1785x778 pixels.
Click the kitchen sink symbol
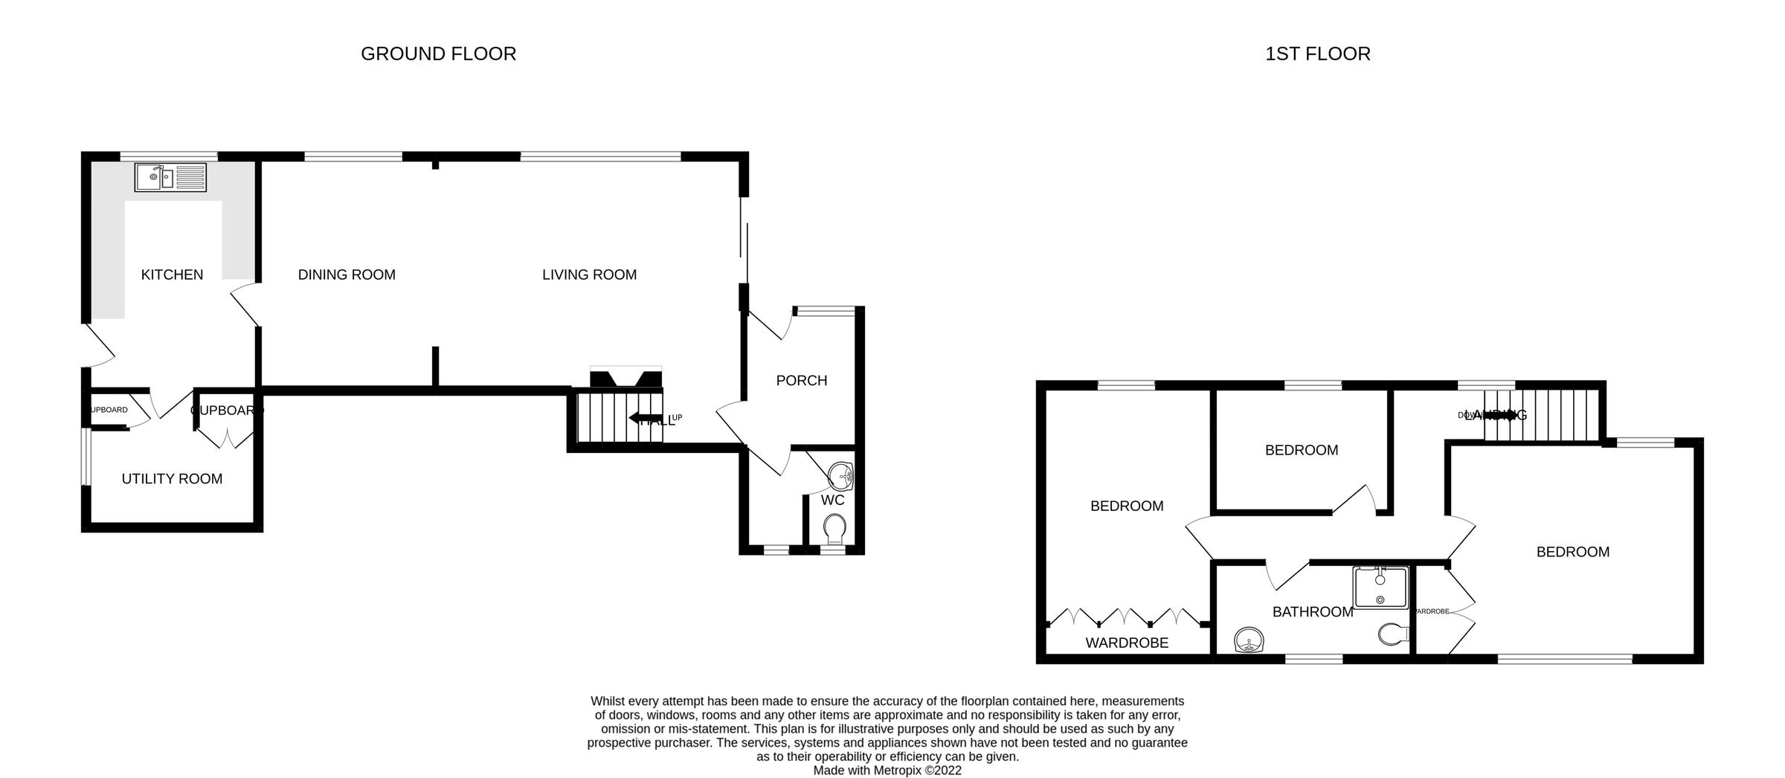[170, 178]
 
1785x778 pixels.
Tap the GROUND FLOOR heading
[438, 54]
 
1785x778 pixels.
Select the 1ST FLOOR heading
[1317, 54]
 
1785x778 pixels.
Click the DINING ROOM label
[347, 275]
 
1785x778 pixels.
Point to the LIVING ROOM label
[589, 275]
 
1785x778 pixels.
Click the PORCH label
[801, 381]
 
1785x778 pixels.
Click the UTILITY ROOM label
[172, 479]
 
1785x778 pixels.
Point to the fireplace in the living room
[625, 378]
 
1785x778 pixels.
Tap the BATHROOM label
[1312, 612]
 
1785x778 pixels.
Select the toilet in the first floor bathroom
[1392, 634]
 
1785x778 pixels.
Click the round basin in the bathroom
[1249, 640]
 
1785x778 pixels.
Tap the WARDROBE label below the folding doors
[1127, 643]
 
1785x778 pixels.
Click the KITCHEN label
[172, 275]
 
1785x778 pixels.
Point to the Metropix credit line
[887, 771]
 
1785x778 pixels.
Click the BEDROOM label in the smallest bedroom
[1301, 451]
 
